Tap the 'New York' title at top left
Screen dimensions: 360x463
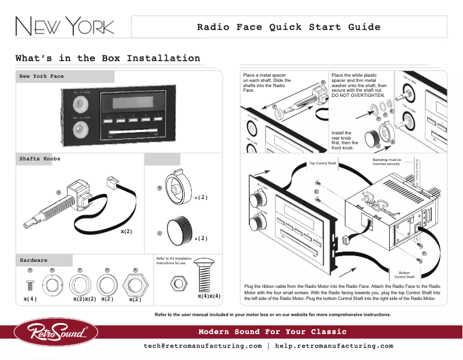click(x=64, y=27)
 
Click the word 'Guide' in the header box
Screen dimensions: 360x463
click(x=364, y=27)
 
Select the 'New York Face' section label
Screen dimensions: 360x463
click(x=42, y=76)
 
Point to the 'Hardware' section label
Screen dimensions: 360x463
click(x=33, y=260)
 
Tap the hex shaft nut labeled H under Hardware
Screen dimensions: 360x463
click(x=135, y=284)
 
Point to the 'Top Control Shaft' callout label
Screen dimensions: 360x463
click(x=323, y=163)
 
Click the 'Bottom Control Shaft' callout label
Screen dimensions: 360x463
click(x=404, y=274)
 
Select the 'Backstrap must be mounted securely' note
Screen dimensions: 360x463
click(x=386, y=162)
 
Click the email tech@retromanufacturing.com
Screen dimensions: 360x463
click(x=203, y=346)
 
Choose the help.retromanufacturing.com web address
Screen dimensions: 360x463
click(x=334, y=346)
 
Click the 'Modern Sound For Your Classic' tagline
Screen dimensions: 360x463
click(x=272, y=332)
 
